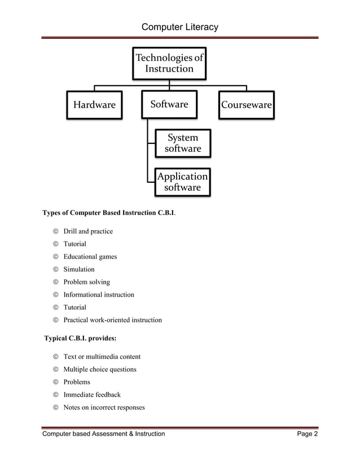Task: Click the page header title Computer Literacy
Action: [179, 27]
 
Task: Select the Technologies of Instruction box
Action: [169, 63]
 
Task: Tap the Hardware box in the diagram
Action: [94, 105]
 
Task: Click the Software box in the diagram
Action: [169, 104]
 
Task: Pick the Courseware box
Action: [247, 105]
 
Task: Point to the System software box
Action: [182, 143]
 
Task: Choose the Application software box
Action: [182, 182]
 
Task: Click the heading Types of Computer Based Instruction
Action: [109, 213]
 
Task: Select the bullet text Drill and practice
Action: [88, 231]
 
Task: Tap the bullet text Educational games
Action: [90, 257]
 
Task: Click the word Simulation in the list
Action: [79, 269]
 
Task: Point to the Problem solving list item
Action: [86, 282]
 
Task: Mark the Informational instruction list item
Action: [99, 294]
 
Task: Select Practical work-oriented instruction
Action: [112, 320]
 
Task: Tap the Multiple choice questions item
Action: [100, 370]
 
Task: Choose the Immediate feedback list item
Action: [92, 395]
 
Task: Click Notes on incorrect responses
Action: [104, 407]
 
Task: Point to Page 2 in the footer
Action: [308, 434]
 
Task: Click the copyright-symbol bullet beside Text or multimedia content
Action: [56, 357]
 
